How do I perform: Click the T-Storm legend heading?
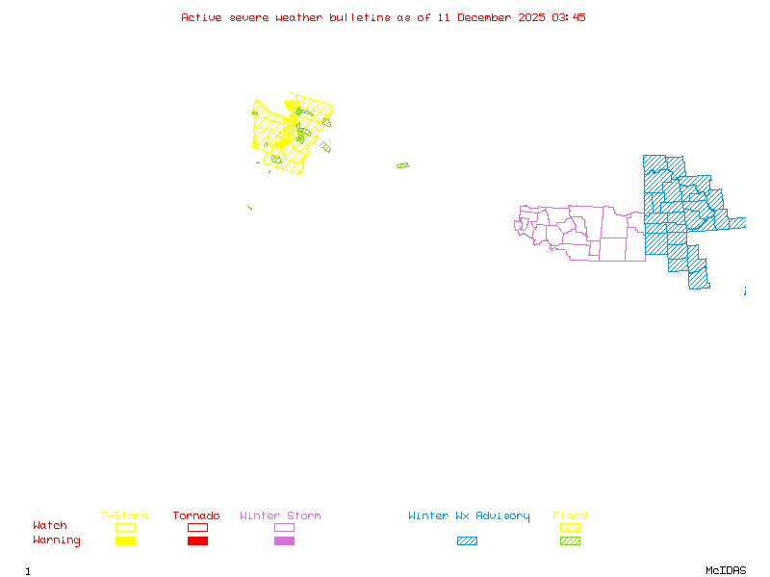point(124,515)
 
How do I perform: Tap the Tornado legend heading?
point(196,515)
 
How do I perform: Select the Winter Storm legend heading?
point(280,515)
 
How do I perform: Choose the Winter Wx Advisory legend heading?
point(469,515)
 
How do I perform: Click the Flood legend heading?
point(570,515)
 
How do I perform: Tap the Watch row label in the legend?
point(50,526)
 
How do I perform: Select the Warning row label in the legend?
point(56,540)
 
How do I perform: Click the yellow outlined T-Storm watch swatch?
point(125,527)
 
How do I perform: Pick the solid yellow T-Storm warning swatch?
point(125,540)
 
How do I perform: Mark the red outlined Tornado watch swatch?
point(197,527)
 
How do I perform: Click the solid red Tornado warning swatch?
point(197,540)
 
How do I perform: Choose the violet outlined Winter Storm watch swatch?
point(284,527)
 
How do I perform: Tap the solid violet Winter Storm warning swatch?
point(284,540)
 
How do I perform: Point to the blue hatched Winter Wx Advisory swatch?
point(467,540)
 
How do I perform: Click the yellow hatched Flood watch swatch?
point(570,527)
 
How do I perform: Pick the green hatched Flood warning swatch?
point(570,540)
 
